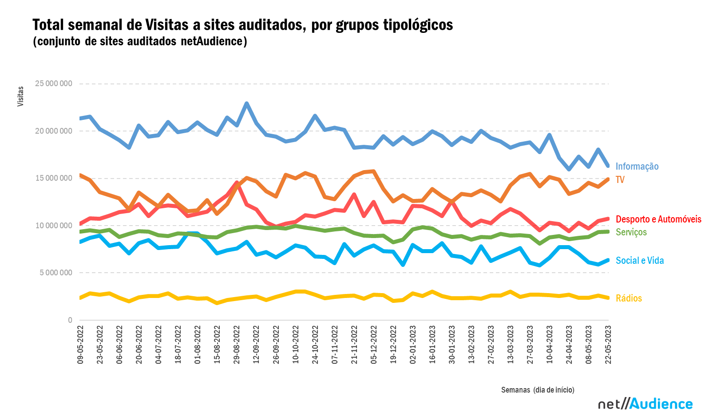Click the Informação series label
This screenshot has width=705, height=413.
click(x=637, y=167)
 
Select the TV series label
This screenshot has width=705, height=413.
click(x=620, y=180)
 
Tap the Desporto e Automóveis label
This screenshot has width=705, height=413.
click(x=658, y=219)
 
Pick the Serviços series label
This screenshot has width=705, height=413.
click(x=631, y=232)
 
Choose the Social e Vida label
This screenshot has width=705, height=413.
click(x=639, y=261)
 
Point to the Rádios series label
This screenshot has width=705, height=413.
click(x=629, y=298)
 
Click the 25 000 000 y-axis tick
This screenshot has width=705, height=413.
click(x=53, y=83)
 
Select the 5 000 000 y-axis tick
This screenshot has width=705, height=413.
click(x=55, y=273)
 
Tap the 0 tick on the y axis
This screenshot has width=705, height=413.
click(x=70, y=320)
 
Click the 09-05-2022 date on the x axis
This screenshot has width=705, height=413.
click(x=80, y=345)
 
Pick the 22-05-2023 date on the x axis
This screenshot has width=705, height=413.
click(x=608, y=345)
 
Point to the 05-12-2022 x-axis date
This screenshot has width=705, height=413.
click(x=374, y=345)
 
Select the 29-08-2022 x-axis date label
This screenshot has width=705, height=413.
click(x=237, y=345)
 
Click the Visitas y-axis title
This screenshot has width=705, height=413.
click(x=20, y=96)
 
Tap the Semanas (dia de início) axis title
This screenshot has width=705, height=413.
click(x=538, y=390)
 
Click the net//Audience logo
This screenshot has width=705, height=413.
click(x=645, y=404)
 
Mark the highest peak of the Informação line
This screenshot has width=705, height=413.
click(x=247, y=103)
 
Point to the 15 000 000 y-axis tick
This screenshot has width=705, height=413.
click(x=53, y=178)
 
